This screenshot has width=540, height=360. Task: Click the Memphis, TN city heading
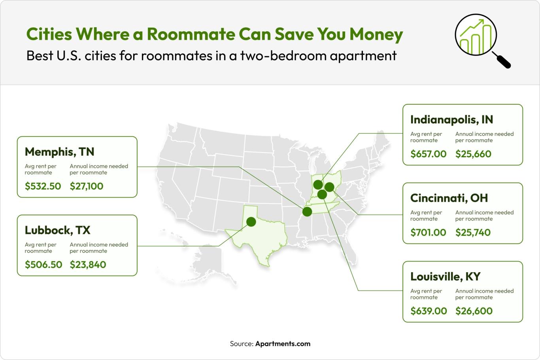tap(59, 152)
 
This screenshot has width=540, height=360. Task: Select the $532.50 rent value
tap(43, 186)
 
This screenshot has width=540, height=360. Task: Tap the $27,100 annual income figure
tap(86, 186)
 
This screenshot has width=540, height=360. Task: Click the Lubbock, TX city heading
tap(57, 230)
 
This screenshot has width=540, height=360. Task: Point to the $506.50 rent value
tap(43, 264)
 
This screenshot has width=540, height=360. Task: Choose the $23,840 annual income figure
tap(88, 264)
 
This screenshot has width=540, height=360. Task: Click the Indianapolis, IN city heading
tap(451, 119)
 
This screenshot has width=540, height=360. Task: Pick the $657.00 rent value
tap(428, 154)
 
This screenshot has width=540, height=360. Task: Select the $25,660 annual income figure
tap(473, 154)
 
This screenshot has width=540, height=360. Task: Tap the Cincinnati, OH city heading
tap(449, 198)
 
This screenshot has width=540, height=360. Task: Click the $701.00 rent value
tap(428, 232)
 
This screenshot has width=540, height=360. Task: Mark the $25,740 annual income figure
tap(473, 232)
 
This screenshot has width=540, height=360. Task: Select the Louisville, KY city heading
tap(445, 276)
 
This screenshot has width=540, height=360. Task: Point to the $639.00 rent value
tap(429, 311)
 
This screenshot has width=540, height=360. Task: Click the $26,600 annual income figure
tap(474, 311)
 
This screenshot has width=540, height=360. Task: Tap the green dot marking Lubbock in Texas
tap(251, 221)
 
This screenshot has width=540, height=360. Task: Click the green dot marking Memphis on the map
tap(307, 211)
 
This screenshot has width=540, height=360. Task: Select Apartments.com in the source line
tap(283, 344)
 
